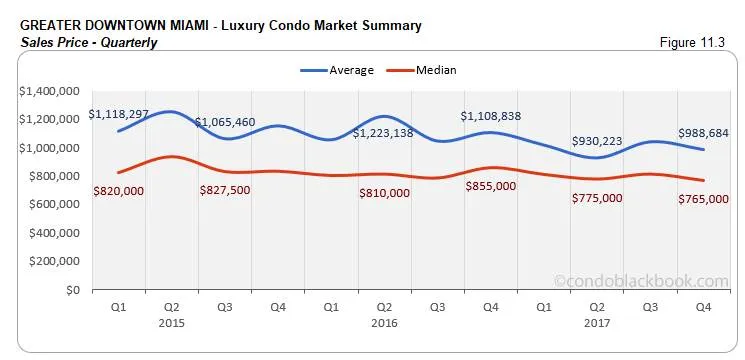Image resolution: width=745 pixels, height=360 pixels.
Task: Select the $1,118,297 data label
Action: tap(121, 115)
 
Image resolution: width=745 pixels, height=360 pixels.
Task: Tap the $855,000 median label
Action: tap(491, 186)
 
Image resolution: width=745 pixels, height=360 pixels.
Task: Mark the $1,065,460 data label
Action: tap(225, 122)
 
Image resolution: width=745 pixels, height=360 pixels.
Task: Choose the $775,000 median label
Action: tap(598, 198)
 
